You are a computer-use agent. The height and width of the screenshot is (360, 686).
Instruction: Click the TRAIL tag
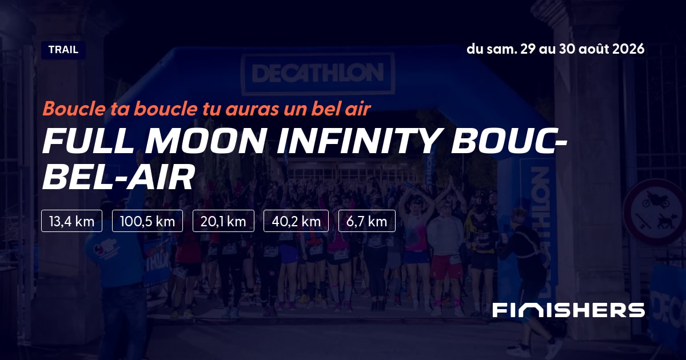63,50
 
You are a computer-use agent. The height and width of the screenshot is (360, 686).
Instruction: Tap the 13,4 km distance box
71,221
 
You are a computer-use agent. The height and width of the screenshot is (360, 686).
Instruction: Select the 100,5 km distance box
147,221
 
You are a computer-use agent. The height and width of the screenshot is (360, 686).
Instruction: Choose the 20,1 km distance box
224,221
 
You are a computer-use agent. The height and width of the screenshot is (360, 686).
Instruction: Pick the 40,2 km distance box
296,221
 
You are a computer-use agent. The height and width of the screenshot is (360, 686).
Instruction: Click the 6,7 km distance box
367,221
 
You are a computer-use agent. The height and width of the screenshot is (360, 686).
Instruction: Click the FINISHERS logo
569,310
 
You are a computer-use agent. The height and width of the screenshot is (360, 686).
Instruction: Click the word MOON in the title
205,142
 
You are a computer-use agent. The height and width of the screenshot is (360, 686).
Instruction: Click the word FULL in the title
88,142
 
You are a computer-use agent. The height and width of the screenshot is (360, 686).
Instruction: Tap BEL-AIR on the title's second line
118,177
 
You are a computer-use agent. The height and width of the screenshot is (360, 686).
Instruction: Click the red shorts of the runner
446,266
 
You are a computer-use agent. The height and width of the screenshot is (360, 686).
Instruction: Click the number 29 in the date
528,49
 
